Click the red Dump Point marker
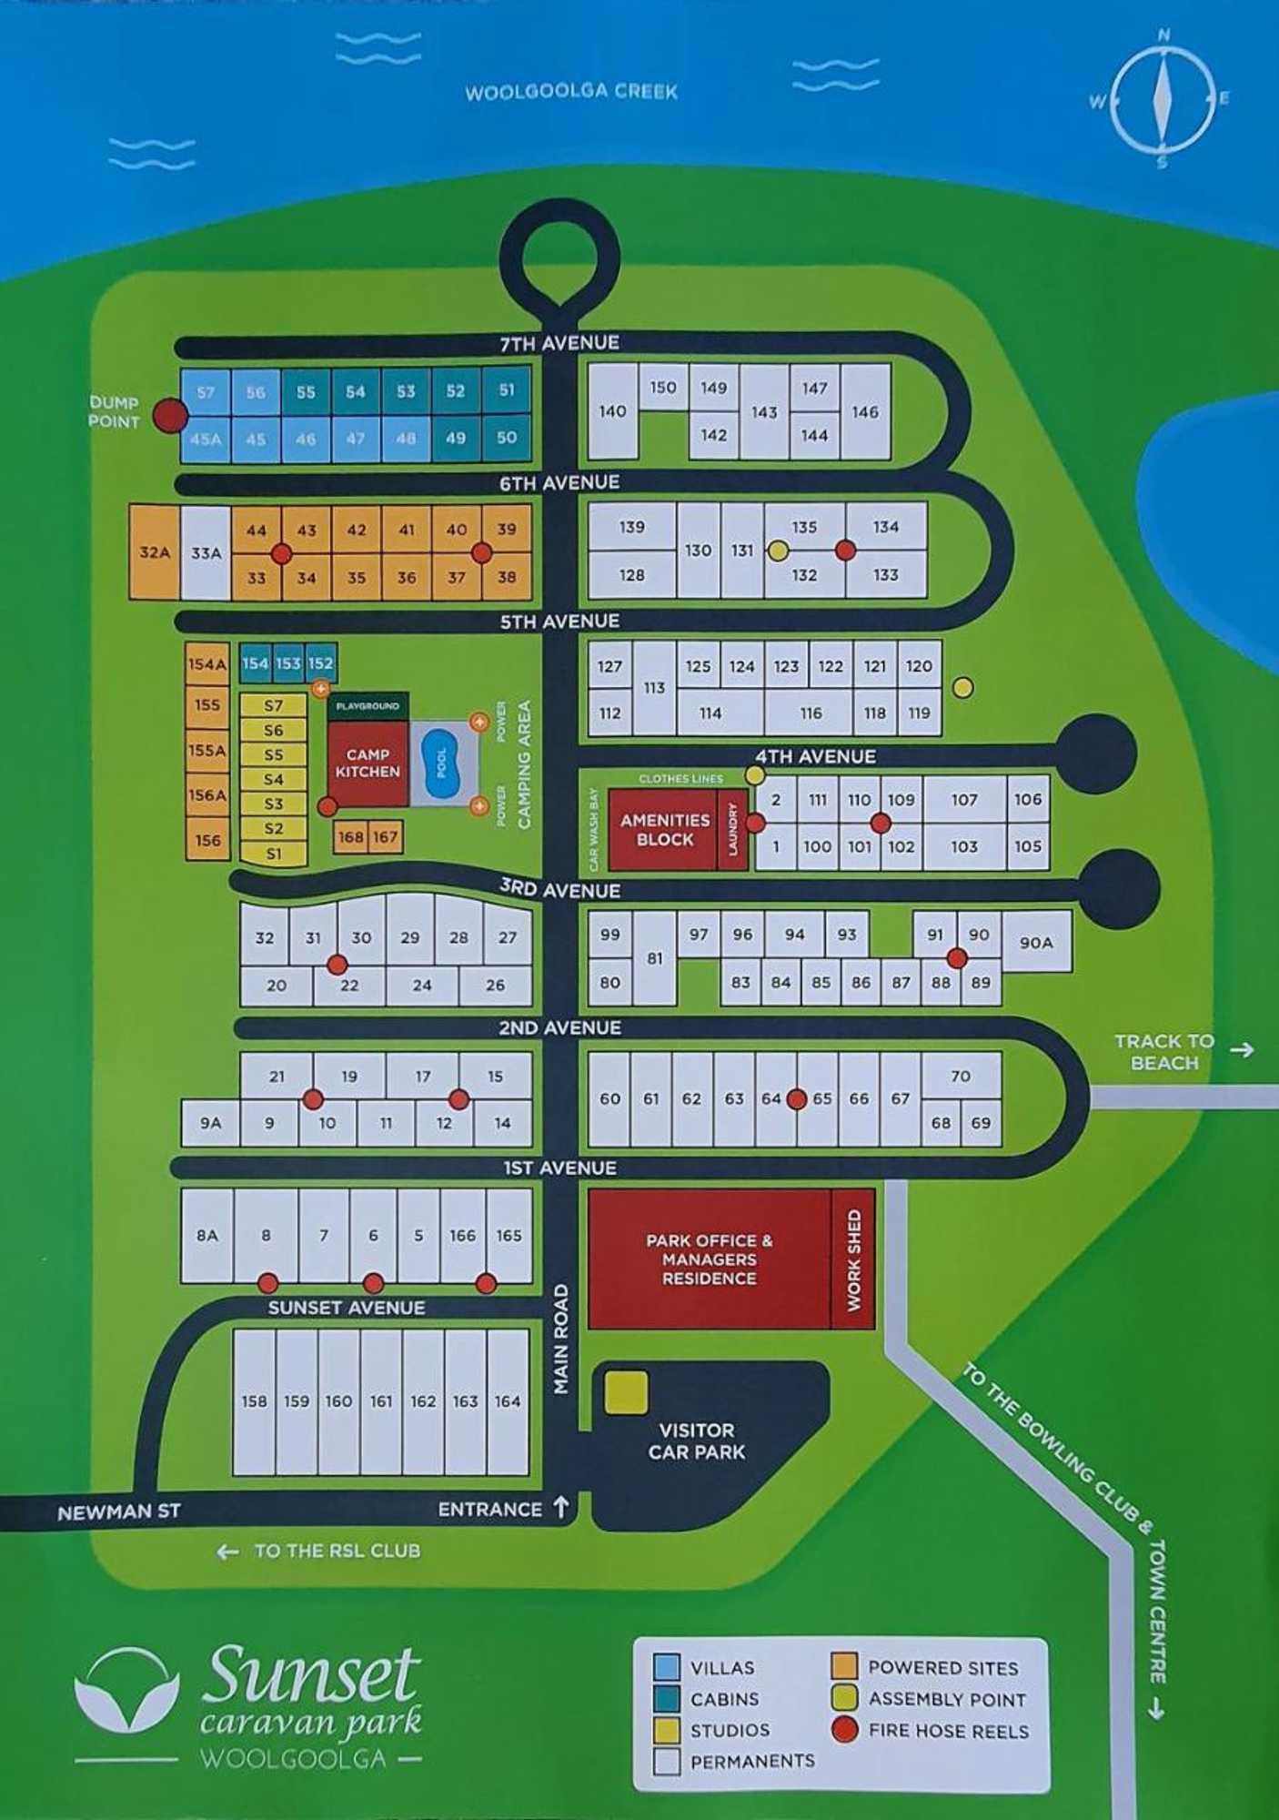point(170,416)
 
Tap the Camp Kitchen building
point(368,763)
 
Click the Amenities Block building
point(665,829)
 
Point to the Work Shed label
point(853,1259)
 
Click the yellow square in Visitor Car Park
point(626,1392)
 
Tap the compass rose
point(1163,98)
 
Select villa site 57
point(206,392)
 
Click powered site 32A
point(154,552)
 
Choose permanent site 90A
point(1036,943)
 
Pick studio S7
point(273,705)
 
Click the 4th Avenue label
point(815,756)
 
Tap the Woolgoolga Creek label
point(571,92)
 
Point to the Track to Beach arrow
point(1243,1050)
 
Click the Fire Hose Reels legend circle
point(845,1730)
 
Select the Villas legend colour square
point(667,1667)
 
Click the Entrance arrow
point(561,1507)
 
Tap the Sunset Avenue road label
point(346,1308)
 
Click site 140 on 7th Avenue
point(612,411)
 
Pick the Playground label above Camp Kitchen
point(368,706)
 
